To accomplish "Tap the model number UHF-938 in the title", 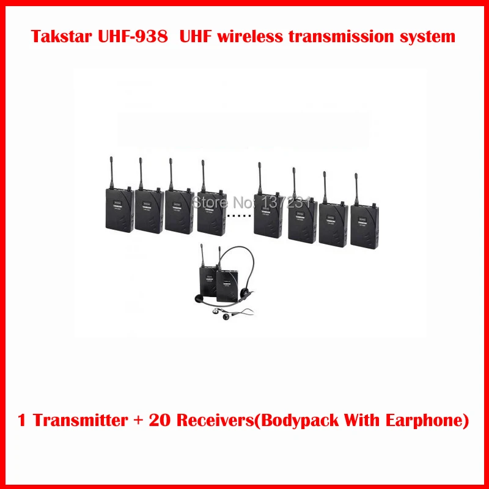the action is (x=139, y=37).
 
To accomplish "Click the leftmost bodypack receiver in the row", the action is (x=119, y=208).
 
